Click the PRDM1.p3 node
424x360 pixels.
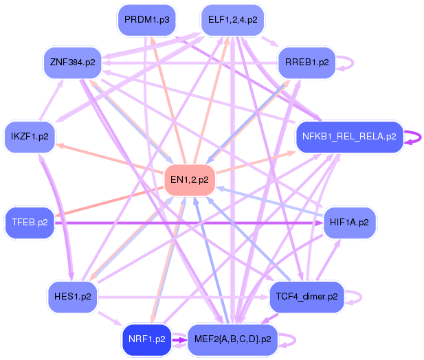146,20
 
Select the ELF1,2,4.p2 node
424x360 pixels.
232,20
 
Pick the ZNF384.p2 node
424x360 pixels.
72,63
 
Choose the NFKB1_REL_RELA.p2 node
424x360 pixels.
348,136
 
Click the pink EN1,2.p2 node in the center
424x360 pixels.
189,180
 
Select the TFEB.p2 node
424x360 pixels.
30,223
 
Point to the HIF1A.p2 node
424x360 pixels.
349,223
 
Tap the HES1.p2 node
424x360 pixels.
72,296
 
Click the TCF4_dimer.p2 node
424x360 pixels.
306,296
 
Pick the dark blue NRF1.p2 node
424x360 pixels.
146,339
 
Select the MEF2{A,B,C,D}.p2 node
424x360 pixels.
232,339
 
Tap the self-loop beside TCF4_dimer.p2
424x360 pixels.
355,296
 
